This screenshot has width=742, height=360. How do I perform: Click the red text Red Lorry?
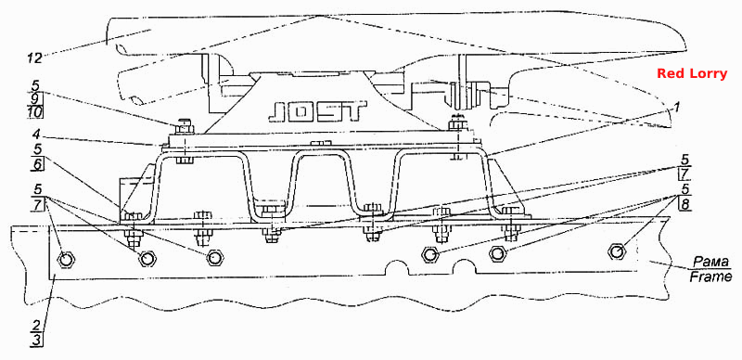click(691, 74)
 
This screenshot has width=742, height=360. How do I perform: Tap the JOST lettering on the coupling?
click(317, 112)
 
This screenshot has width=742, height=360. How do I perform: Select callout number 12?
click(34, 58)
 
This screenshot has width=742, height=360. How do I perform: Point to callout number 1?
click(677, 108)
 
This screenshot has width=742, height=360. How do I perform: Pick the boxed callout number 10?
click(35, 112)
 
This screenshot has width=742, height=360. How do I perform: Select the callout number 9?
click(37, 99)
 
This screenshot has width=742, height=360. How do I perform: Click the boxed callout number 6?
click(37, 164)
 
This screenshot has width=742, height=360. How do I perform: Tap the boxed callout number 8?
click(684, 204)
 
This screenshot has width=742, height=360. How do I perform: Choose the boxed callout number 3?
click(37, 341)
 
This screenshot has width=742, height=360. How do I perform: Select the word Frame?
click(710, 276)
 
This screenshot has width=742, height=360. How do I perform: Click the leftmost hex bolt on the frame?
click(65, 259)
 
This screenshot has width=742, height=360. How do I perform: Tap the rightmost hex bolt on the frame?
click(617, 251)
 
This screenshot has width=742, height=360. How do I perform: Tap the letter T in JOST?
click(355, 111)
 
